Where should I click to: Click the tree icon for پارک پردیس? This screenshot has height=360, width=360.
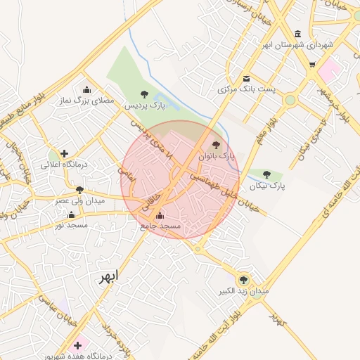144,94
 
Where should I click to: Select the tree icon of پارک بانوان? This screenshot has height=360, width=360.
216,145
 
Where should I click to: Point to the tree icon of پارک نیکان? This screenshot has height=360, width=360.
266,174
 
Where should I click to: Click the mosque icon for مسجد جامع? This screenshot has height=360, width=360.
160,216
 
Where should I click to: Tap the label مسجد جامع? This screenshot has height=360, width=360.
160,226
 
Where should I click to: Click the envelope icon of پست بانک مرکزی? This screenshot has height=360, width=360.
246,79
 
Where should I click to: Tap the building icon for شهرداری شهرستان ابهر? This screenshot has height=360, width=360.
298,34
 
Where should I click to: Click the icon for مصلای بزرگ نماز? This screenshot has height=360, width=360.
86,90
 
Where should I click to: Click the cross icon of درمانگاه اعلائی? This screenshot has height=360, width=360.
65,153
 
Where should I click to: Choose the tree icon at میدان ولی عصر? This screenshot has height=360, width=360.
79,190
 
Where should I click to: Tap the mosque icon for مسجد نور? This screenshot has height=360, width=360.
70,214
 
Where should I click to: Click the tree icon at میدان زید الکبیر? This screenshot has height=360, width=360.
245,279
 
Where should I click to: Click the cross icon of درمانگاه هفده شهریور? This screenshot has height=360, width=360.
77,345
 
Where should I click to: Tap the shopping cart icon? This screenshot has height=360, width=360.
312,65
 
